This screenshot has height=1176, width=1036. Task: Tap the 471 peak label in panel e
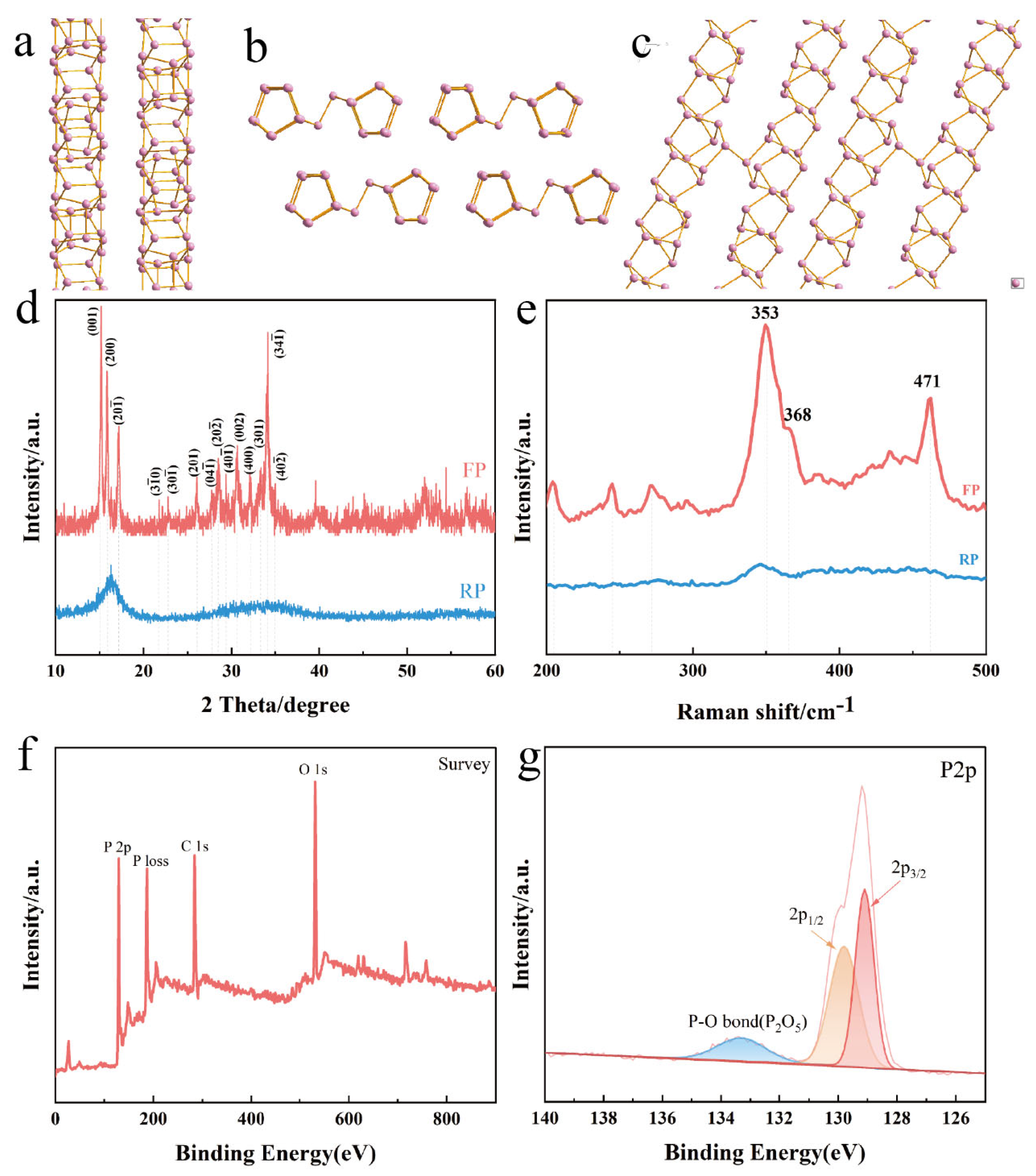pos(927,381)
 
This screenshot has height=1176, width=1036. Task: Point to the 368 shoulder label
pos(797,414)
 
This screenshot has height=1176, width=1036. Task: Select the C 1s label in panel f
pos(194,846)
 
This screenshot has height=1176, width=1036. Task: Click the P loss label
pos(151,861)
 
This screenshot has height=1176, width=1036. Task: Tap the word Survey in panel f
pos(464,764)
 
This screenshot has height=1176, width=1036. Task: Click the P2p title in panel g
pos(958,770)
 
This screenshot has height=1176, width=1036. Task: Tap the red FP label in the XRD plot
pos(474,470)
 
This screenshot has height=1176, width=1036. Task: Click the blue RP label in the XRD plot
pos(472,591)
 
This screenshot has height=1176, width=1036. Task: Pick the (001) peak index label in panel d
pos(93,320)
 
